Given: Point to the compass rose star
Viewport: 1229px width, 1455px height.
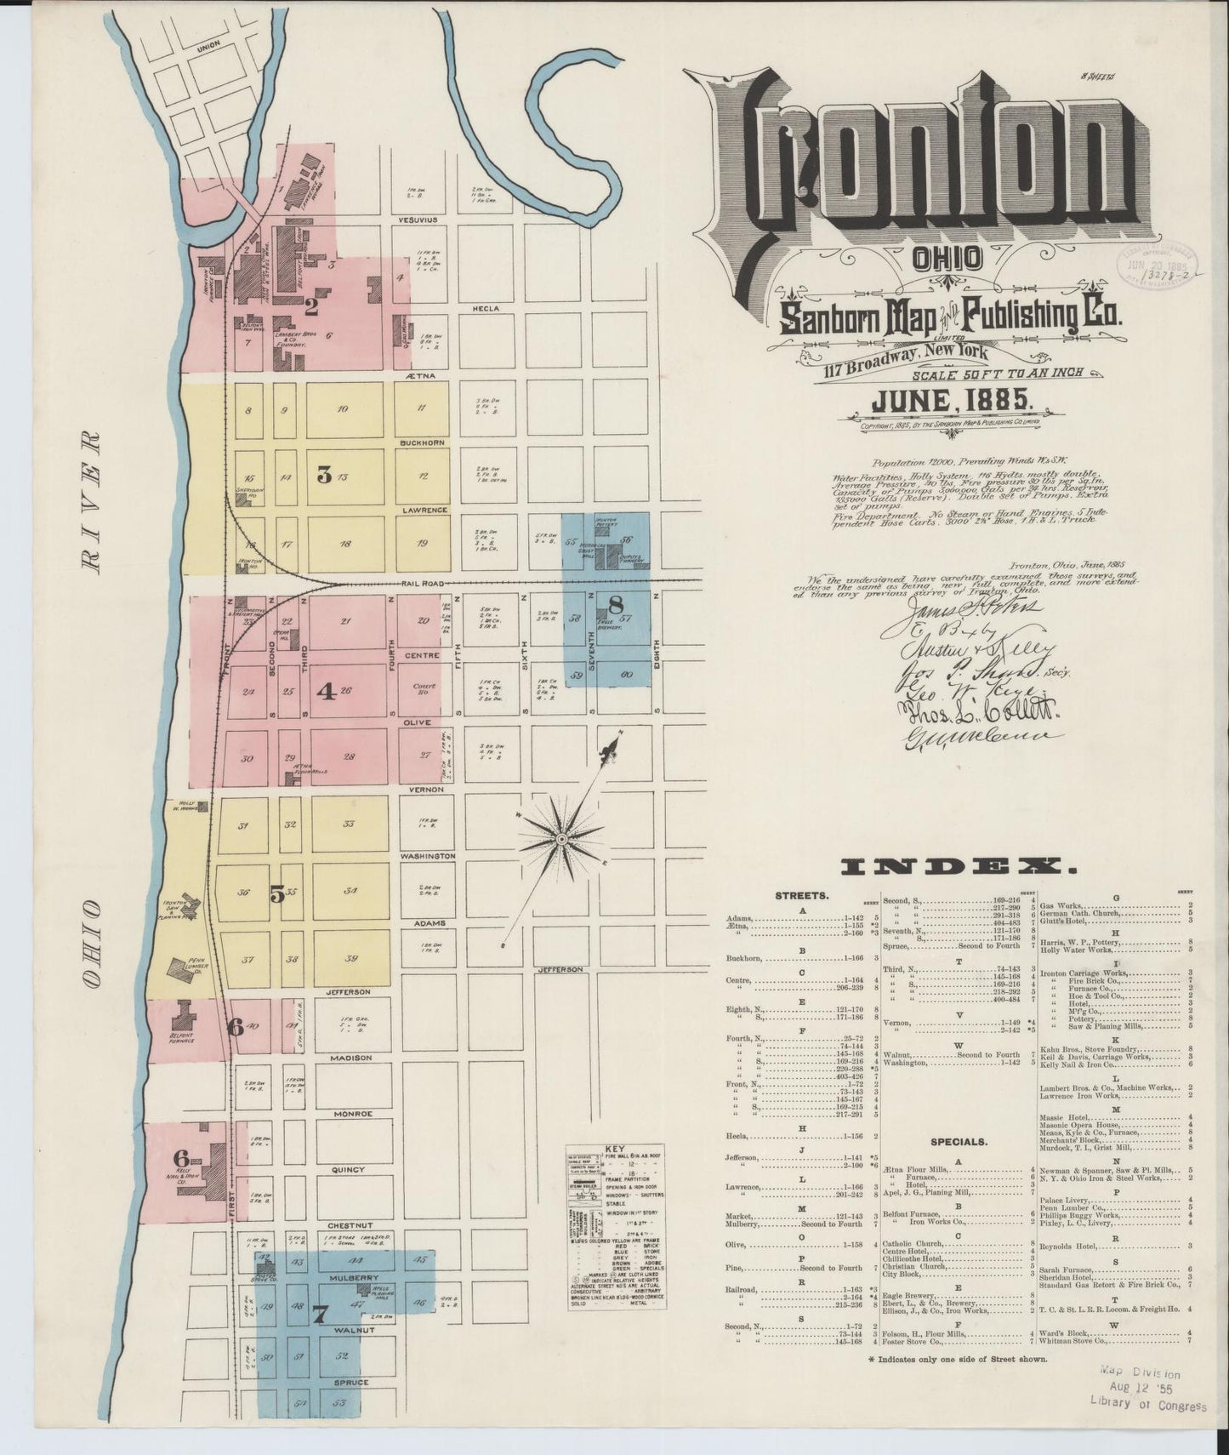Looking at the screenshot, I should pyautogui.click(x=561, y=839).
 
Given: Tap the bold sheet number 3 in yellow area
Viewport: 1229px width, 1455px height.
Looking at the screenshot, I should pyautogui.click(x=323, y=475).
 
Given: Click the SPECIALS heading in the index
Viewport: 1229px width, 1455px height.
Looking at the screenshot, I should pyautogui.click(x=959, y=1142).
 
